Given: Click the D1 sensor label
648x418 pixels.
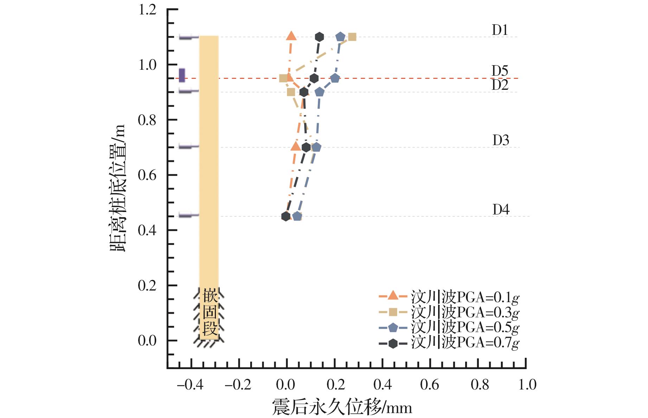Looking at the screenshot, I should point(500,30).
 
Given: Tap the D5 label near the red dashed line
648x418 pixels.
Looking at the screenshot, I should point(500,71).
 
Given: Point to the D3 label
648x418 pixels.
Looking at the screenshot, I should point(500,140).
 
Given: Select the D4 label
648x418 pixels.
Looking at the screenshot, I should point(501,210).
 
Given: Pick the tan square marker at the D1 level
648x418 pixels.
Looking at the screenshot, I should point(352,37).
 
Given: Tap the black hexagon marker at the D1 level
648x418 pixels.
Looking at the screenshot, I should point(319,37).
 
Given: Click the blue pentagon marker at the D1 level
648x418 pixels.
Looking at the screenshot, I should point(340,37).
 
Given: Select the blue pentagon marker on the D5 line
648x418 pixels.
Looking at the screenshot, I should point(335,78).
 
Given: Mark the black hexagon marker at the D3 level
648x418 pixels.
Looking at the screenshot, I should point(306,147).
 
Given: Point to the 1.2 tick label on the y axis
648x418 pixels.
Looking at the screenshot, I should point(147,10).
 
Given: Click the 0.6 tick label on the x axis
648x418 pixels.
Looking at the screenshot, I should point(430,385).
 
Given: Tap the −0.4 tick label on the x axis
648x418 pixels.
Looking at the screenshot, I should point(190,385).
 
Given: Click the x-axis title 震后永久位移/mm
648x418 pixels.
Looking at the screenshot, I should point(342,408).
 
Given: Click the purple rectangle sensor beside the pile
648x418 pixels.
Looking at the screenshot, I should point(182,75).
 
